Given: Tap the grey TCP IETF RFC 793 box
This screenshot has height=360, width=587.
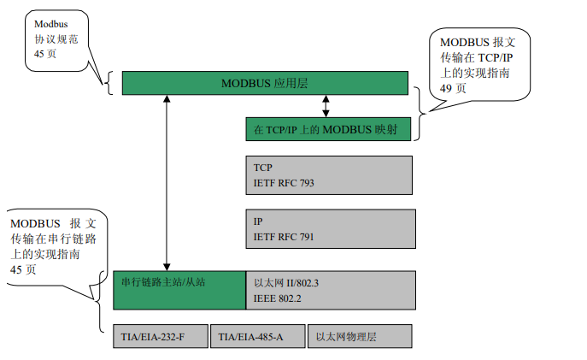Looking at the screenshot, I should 330,174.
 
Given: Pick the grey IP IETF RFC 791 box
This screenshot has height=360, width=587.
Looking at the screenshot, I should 330,228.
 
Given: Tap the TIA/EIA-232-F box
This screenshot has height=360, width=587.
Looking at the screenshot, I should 160,336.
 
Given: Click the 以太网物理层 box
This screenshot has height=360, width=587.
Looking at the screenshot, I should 359,336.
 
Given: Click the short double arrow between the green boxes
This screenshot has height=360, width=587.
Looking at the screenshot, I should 325,106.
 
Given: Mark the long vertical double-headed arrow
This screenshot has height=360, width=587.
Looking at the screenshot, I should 167,182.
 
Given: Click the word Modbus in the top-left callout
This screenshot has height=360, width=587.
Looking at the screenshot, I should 50,25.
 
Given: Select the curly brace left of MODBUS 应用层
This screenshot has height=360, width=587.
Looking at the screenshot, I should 109,83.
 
